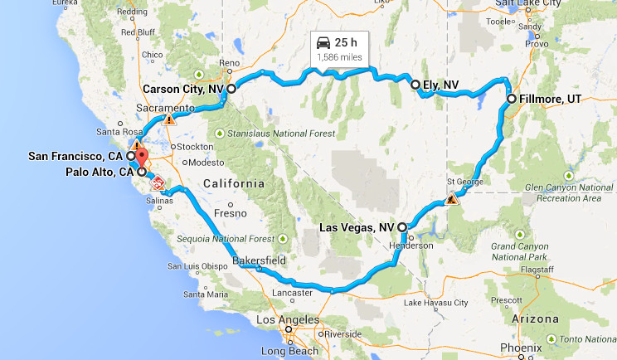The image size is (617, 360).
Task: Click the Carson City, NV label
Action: pyautogui.click(x=183, y=89)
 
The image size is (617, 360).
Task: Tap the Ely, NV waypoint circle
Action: pyautogui.click(x=415, y=84)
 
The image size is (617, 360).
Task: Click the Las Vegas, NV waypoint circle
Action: pyautogui.click(x=402, y=226)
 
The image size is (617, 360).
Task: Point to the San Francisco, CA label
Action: pyautogui.click(x=75, y=156)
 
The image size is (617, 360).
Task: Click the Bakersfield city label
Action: pyautogui.click(x=260, y=260)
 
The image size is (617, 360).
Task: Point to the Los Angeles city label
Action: pyautogui.click(x=288, y=320)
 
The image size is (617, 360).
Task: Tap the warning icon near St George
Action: pyautogui.click(x=452, y=199)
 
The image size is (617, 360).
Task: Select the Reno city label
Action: pyautogui.click(x=229, y=64)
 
